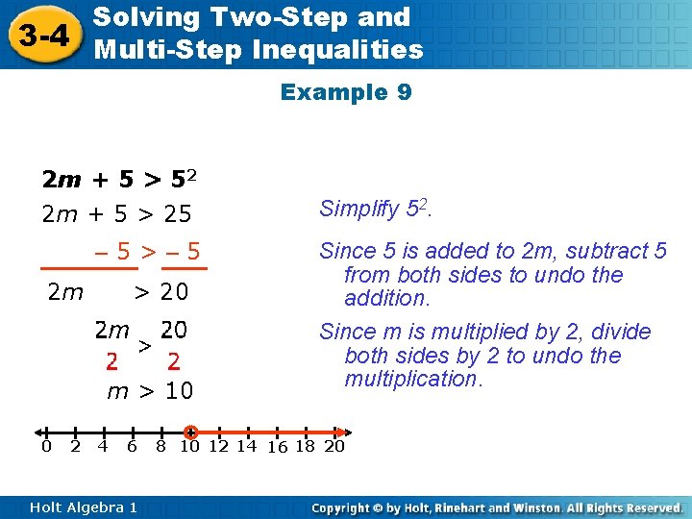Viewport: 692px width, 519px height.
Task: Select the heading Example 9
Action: click(346, 92)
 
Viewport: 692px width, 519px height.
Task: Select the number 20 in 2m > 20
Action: click(174, 292)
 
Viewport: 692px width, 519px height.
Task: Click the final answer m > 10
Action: click(149, 391)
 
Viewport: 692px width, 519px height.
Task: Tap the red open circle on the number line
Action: click(190, 432)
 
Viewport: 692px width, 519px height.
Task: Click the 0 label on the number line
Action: click(46, 447)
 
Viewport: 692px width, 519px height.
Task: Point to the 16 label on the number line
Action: click(278, 448)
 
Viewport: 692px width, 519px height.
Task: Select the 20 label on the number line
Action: click(334, 447)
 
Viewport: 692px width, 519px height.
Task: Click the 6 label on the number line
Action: click(132, 447)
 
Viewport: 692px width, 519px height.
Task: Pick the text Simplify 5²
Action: click(375, 209)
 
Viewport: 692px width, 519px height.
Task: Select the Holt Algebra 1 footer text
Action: click(84, 507)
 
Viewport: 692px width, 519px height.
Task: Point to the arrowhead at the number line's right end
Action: click(344, 432)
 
